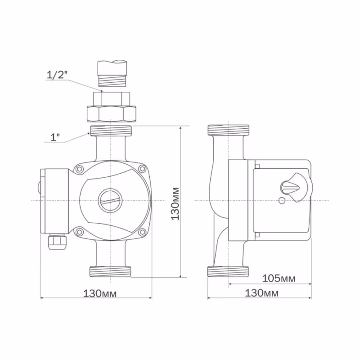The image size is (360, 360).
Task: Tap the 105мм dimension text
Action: point(279,279)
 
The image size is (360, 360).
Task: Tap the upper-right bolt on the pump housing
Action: point(142,169)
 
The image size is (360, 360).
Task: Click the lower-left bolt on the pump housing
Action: point(80,232)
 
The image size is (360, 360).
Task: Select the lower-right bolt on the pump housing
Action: point(142,232)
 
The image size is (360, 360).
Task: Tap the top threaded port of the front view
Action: point(111,131)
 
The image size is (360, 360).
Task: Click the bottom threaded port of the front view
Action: point(111,271)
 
